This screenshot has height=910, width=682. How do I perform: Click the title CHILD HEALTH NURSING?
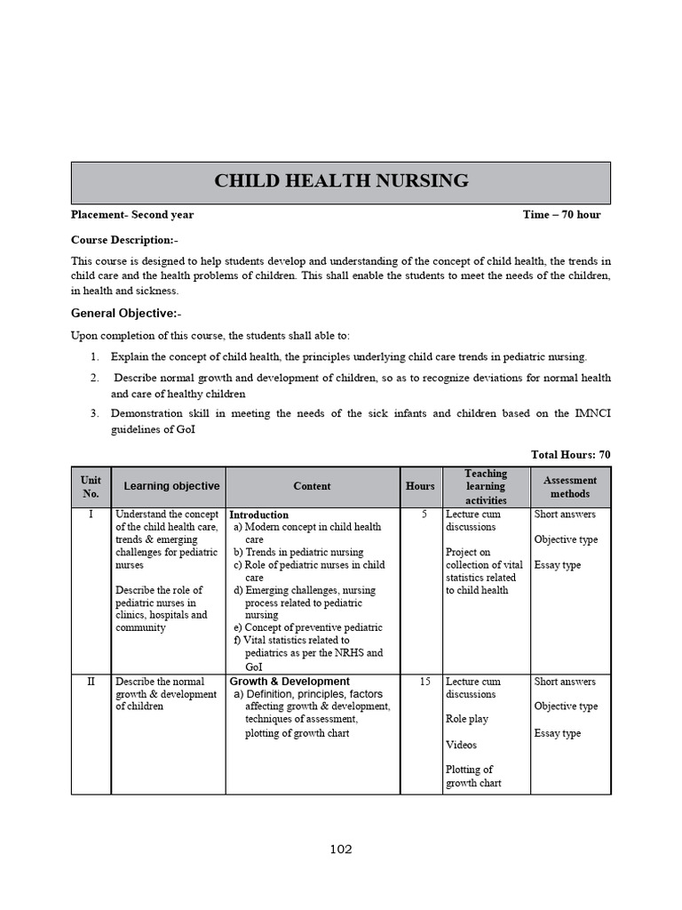click(341, 181)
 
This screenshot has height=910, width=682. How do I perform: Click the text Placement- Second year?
click(132, 215)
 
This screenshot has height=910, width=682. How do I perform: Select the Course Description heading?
click(124, 240)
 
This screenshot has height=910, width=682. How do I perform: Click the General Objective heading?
click(126, 314)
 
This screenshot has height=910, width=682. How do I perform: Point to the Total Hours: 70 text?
click(570, 455)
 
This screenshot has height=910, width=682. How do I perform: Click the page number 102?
click(341, 850)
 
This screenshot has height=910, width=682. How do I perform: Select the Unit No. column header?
click(91, 487)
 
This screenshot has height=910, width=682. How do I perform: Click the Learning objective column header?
click(171, 486)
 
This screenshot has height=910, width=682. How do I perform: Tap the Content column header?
click(312, 486)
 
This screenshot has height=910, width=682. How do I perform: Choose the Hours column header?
click(420, 486)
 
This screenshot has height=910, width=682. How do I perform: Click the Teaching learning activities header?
click(486, 487)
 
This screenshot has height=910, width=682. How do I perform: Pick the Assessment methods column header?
click(570, 487)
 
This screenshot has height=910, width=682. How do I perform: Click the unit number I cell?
click(91, 515)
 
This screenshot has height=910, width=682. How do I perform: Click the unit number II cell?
click(91, 682)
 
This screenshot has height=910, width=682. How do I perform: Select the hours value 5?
click(424, 515)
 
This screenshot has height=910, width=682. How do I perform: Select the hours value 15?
click(424, 682)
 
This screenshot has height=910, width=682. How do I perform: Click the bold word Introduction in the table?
click(259, 515)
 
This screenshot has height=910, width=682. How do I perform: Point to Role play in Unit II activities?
click(467, 719)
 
